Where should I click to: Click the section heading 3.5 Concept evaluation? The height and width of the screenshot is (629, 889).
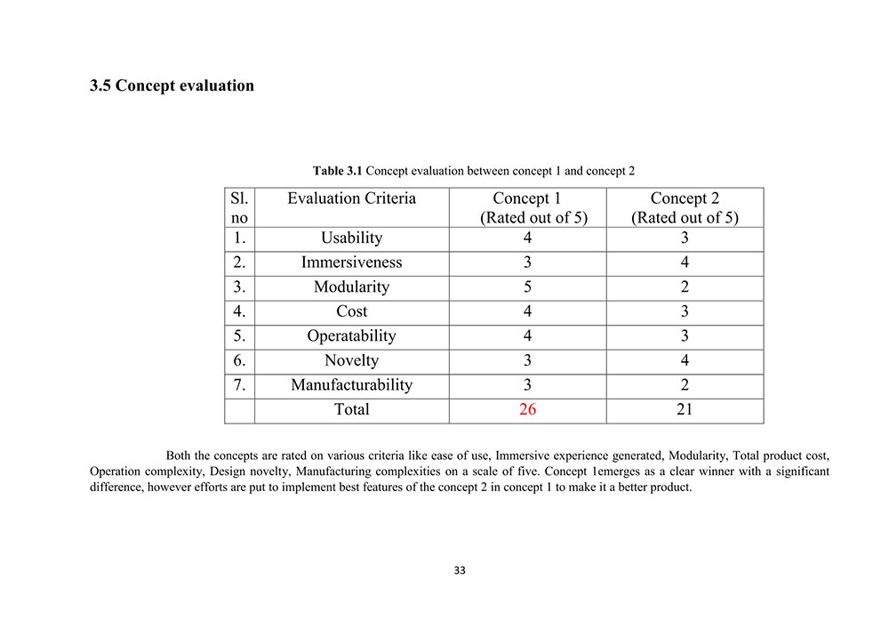172,86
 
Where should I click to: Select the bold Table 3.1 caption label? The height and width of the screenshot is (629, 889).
337,170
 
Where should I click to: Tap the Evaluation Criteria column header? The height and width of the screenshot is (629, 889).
351,198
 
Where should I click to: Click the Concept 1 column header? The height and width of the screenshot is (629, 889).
527,207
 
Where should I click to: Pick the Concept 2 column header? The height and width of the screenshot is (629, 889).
685,207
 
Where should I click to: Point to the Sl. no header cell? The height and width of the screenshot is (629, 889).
239,207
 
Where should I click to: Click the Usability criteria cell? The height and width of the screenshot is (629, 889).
351,238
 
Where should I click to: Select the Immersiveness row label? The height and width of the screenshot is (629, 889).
351,262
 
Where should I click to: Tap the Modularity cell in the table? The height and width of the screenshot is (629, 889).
351,287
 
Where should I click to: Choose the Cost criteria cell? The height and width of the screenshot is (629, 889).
351,311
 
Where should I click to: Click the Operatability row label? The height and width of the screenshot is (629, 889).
351,336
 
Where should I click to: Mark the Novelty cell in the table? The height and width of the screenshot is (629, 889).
351,360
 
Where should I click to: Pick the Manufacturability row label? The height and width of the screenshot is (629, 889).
351,385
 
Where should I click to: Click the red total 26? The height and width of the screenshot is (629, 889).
527,410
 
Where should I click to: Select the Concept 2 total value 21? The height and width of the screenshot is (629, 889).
685,410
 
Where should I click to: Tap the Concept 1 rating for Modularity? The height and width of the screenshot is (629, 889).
527,287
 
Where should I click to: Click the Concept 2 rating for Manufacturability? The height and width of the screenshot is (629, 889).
685,385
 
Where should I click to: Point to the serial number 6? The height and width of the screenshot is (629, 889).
238,360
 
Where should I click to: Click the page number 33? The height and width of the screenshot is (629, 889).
459,570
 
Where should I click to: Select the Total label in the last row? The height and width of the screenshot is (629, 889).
351,410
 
